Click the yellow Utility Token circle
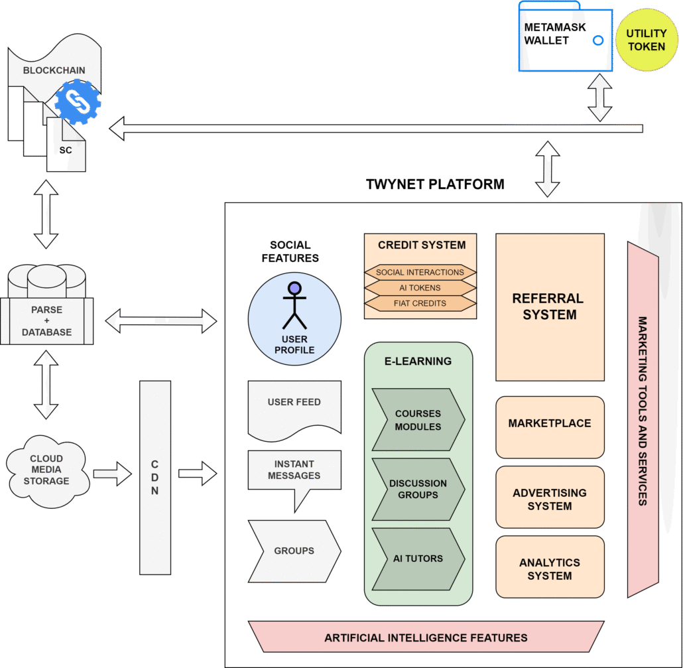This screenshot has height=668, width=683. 646,40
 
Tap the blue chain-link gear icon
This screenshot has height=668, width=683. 78,102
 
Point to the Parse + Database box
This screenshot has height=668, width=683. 46,321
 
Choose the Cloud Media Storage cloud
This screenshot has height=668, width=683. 46,470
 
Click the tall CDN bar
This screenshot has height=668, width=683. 155,477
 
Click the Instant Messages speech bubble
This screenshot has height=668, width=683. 294,471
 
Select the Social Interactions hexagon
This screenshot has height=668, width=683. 420,272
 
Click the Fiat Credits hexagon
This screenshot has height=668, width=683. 420,303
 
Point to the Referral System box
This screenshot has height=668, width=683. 550,307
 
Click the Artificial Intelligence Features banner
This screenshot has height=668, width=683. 426,637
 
